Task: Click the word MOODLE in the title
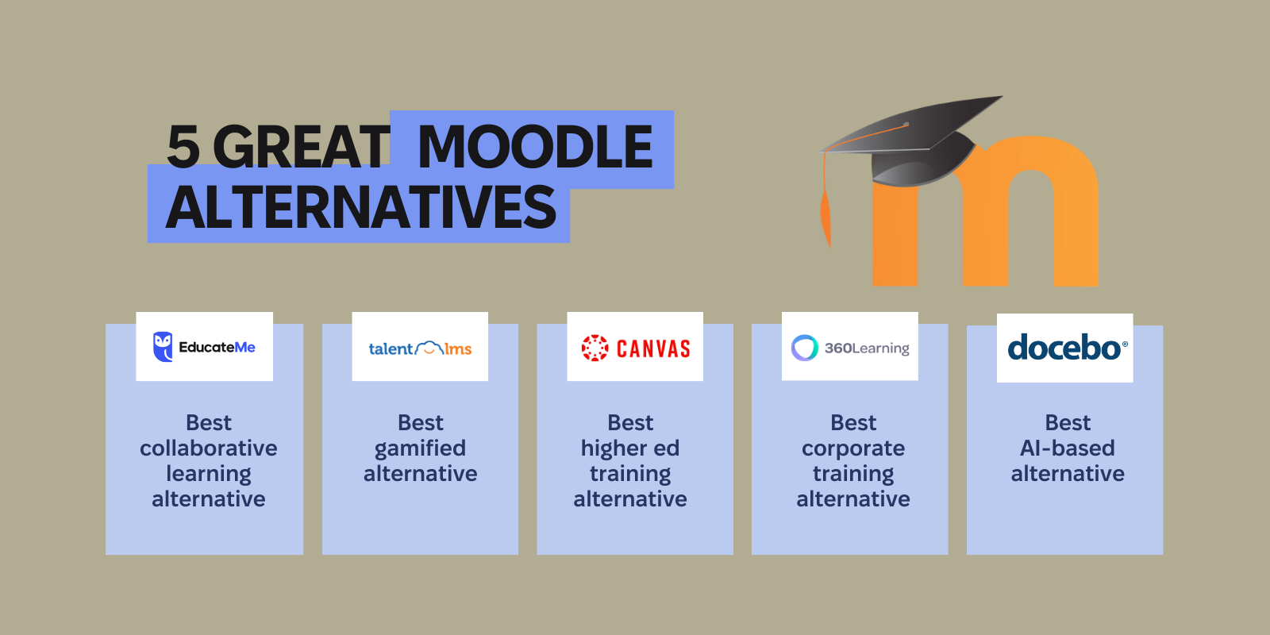point(534,148)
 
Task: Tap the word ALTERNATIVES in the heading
point(361,208)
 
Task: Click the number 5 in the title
point(183,148)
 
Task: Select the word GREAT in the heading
point(301,148)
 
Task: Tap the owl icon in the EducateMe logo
point(163,347)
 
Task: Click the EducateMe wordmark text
point(217,347)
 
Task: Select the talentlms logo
point(420,348)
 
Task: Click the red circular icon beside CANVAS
point(595,348)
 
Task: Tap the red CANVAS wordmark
point(653,348)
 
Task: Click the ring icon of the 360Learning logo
point(804,348)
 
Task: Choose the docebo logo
point(1065,348)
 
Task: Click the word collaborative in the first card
point(208,448)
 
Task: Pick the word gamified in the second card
point(420,448)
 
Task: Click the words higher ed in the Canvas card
point(629,448)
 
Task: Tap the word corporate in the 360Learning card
point(852,448)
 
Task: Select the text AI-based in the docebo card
point(1067,448)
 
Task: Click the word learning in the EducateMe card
point(208,474)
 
